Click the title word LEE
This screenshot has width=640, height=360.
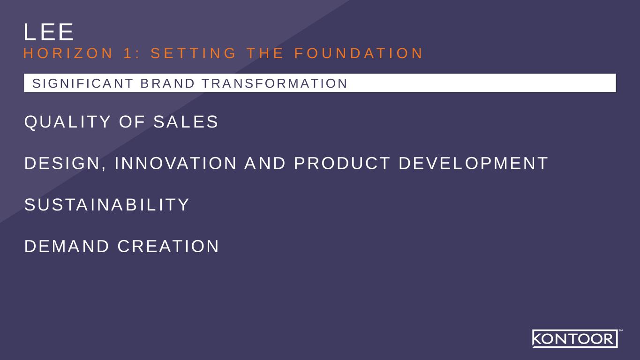coord(49,32)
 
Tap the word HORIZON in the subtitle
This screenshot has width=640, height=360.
coord(68,53)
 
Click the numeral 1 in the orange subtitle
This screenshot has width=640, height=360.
coord(127,53)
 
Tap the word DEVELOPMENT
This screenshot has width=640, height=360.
coord(473,164)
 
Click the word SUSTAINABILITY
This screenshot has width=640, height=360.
coord(107,205)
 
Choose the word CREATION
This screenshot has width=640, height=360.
coord(168,246)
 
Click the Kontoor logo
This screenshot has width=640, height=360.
coord(575,338)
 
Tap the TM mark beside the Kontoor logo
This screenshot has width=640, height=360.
coord(621,331)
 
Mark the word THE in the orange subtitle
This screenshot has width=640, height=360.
coord(265,53)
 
